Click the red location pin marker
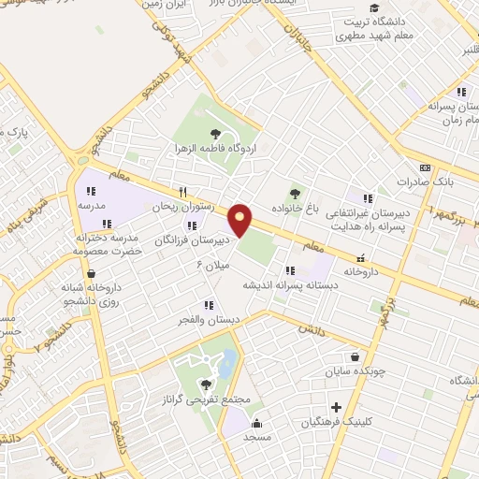[x=240, y=220]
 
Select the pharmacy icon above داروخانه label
[x=361, y=257]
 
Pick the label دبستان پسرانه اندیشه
[x=277, y=284]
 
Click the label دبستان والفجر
[x=209, y=319]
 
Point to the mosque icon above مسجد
[x=256, y=424]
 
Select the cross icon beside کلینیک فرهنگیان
[x=336, y=407]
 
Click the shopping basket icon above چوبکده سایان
[x=355, y=356]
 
